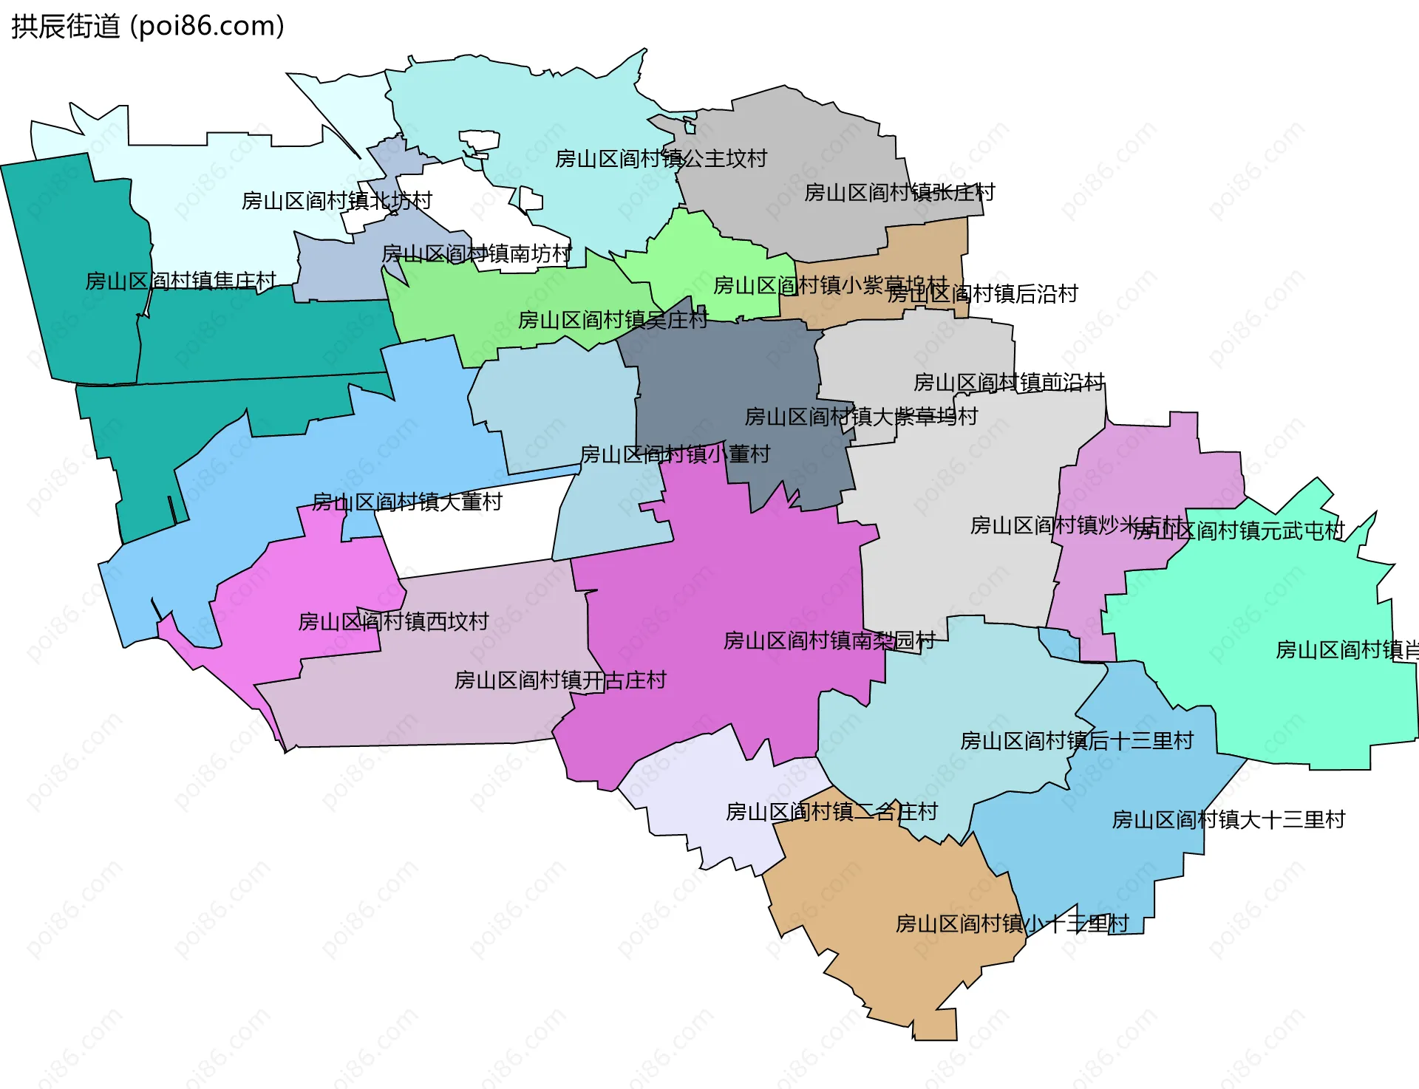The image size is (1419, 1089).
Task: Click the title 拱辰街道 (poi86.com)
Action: coord(148,27)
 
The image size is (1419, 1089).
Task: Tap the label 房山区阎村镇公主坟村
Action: coord(661,159)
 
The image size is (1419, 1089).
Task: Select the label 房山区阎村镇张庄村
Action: coord(899,193)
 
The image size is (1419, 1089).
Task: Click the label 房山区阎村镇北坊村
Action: coord(336,201)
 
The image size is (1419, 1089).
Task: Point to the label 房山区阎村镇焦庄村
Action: coord(180,281)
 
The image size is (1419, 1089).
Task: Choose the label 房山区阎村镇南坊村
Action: coord(477,254)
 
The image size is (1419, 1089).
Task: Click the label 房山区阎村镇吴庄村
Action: coord(613,320)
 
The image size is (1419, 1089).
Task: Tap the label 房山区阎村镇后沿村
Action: coord(982,294)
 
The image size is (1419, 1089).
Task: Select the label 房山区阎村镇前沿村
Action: coord(1009,383)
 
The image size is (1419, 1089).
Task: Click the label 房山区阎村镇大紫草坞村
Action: coord(861,417)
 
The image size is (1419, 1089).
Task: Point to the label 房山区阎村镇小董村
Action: coord(675,454)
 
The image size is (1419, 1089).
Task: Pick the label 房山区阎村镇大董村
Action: coord(407,502)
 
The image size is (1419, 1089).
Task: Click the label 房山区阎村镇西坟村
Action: coord(393,621)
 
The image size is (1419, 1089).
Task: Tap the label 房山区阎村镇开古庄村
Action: coord(560,680)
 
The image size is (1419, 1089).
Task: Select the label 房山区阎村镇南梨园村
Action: coord(829,641)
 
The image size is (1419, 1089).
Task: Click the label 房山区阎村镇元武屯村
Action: coord(1239,530)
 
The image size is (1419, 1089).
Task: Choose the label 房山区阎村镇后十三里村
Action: coord(1077,741)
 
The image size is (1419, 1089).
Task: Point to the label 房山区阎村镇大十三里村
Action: coord(1228,820)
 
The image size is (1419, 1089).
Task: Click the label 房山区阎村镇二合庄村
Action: coord(831,812)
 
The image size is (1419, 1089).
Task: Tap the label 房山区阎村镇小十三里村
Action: coord(1012,924)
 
